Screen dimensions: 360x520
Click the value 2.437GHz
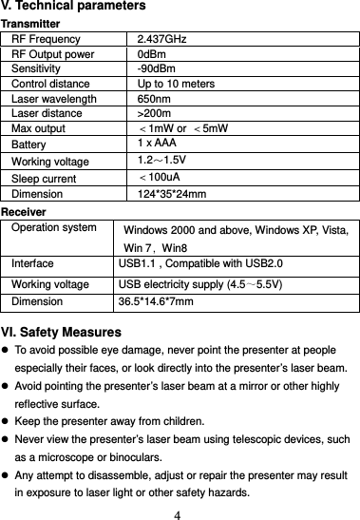pyautogui.click(x=161, y=39)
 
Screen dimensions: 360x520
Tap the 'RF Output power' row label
pyautogui.click(x=53, y=54)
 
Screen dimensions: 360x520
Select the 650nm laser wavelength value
pyautogui.click(x=153, y=99)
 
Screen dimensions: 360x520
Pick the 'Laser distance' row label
pyautogui.click(x=47, y=114)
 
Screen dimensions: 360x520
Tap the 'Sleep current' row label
pyautogui.click(x=45, y=178)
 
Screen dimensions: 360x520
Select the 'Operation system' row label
pyautogui.click(x=54, y=227)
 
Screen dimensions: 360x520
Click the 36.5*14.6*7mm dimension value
pyautogui.click(x=156, y=302)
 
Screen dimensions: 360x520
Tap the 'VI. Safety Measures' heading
pyautogui.click(x=61, y=333)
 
